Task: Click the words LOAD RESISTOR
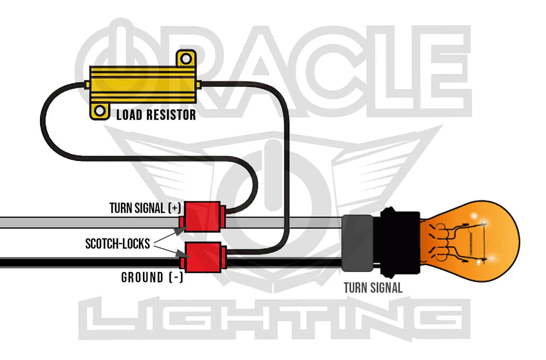[x=156, y=114]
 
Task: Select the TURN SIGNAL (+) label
[x=145, y=208]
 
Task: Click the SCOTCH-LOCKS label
[x=118, y=243]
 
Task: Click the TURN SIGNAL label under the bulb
[x=373, y=288]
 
